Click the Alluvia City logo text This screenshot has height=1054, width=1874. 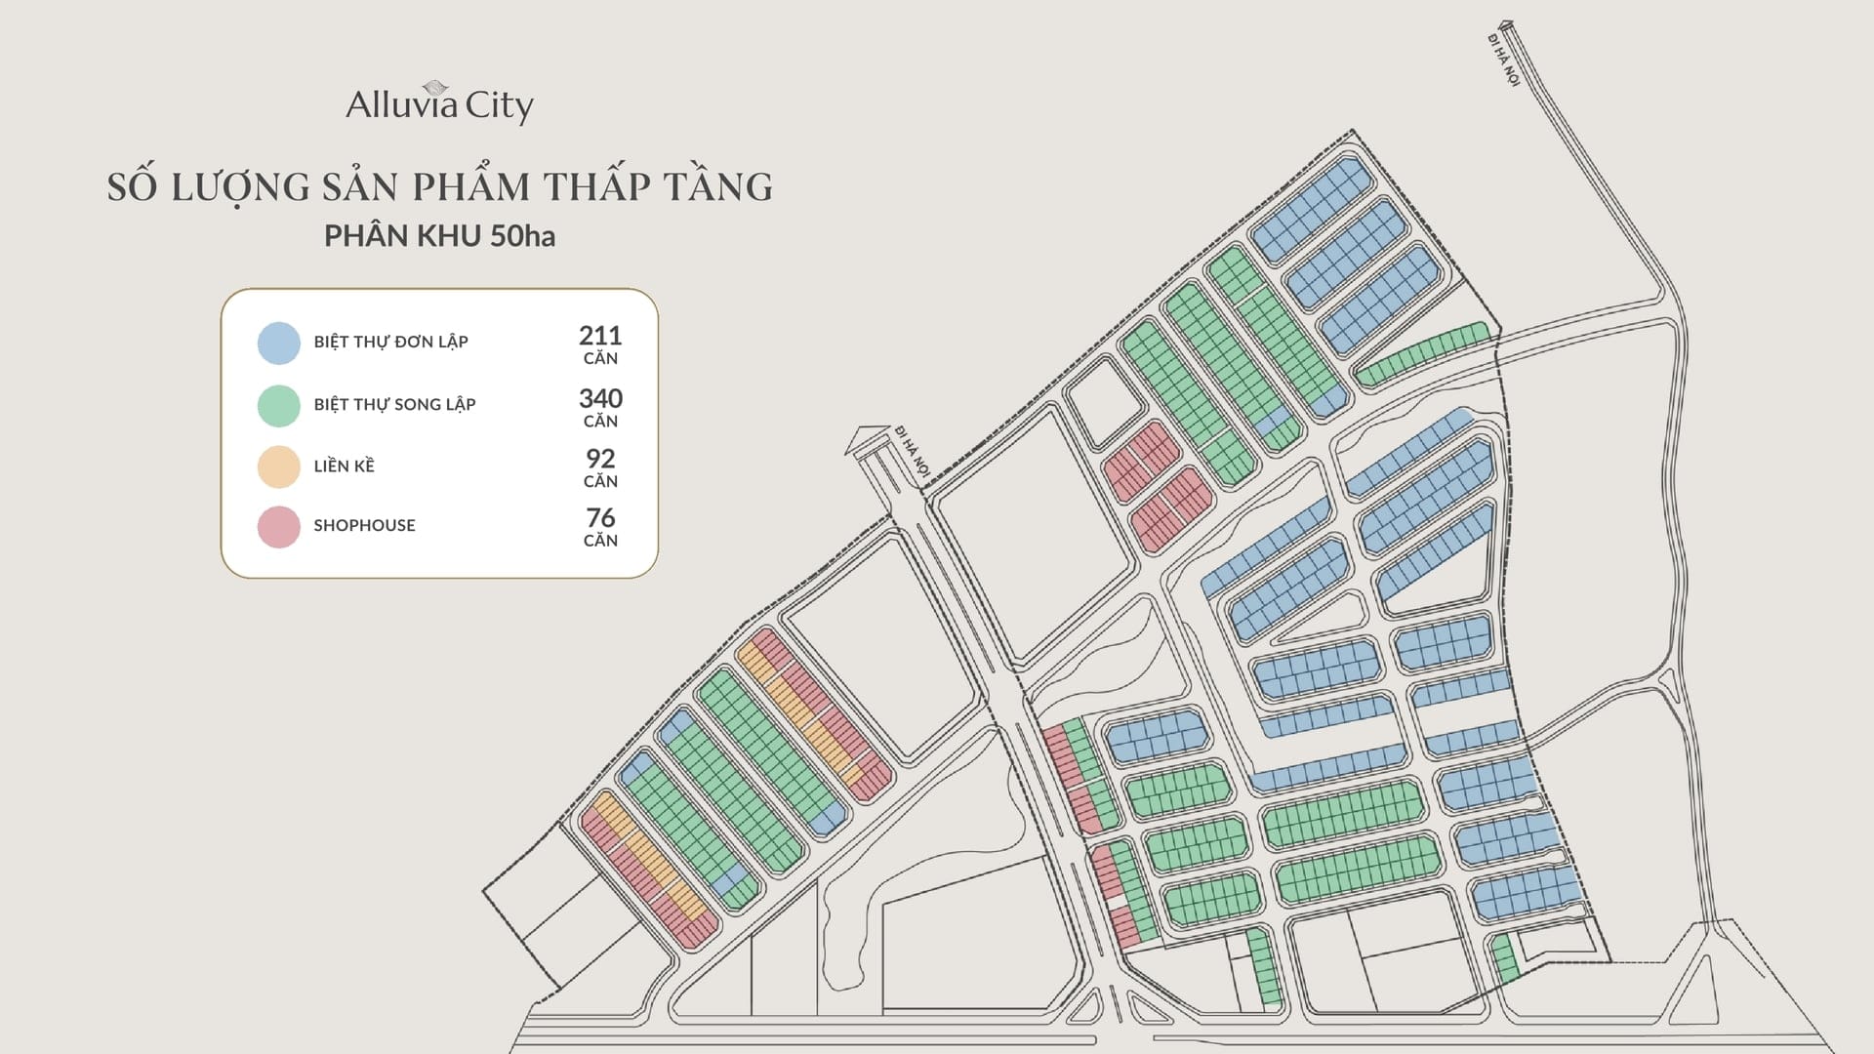point(439,105)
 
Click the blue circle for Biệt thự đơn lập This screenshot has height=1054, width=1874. point(278,344)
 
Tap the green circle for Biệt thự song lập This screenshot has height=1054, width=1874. point(278,406)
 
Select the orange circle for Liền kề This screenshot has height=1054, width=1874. point(278,466)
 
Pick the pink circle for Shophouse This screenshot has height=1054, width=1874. point(278,527)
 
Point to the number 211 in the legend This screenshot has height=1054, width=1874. point(600,336)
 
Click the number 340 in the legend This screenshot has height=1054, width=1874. point(600,398)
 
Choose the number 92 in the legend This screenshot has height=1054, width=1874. point(600,459)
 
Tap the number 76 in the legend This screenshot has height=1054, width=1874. point(600,518)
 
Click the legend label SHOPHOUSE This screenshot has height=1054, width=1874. point(364,525)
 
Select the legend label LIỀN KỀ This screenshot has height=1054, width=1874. point(344,466)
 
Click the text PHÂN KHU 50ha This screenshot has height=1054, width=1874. point(439,236)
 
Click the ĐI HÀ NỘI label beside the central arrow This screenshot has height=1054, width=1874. point(911,451)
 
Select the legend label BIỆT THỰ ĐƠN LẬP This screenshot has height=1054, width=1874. point(390,342)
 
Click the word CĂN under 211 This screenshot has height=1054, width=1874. point(600,359)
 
